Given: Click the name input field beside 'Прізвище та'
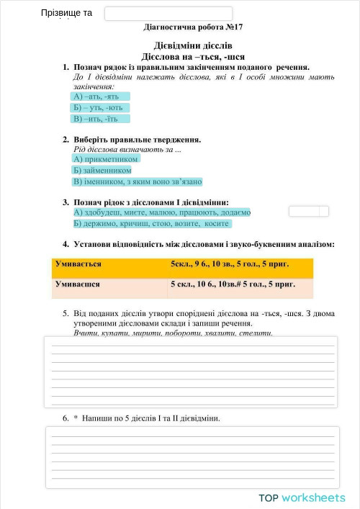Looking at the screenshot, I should point(168,14).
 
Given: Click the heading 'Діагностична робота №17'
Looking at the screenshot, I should point(194,27).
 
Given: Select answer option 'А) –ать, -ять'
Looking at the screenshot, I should point(100,96).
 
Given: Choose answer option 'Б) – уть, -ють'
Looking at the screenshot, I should point(100,107).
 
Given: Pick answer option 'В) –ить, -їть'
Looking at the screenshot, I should point(99,119).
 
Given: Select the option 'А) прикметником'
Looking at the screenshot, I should point(105,158).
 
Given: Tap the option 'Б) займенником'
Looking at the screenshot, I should point(102,171).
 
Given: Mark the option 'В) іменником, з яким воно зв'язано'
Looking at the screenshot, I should point(138,182).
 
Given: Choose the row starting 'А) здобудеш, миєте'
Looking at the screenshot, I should point(161,212).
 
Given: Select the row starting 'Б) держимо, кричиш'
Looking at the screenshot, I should point(151,224).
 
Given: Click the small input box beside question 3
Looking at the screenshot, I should point(308,212).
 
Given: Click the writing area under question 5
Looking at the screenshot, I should point(193,371).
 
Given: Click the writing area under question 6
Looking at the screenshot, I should point(193,458).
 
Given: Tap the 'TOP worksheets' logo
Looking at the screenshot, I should point(302,497).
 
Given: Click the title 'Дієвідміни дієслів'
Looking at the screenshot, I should point(193,45).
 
